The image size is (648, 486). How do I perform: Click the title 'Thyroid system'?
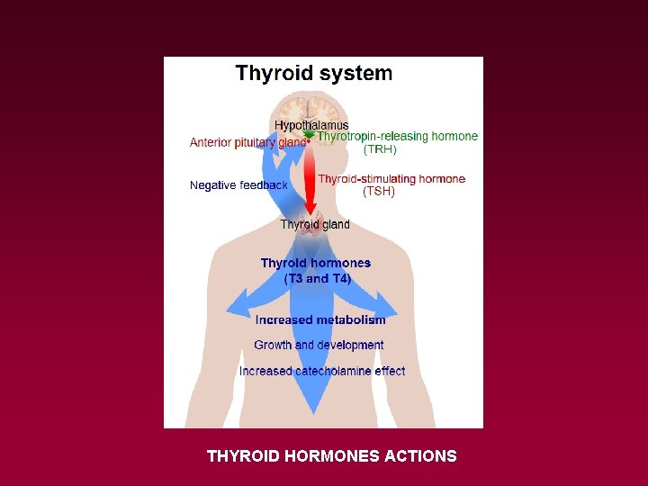(313, 73)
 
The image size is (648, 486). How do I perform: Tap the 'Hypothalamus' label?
(311, 125)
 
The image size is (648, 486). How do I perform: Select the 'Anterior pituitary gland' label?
(247, 142)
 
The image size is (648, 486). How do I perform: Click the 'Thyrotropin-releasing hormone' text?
(397, 137)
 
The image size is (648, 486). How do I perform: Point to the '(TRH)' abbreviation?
(379, 149)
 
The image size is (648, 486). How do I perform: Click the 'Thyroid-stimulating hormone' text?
(391, 179)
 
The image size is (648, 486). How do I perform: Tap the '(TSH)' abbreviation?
(378, 192)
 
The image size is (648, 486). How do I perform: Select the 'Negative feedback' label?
(238, 185)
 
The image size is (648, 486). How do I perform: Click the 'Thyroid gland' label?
(315, 224)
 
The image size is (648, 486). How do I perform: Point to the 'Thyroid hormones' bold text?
(315, 263)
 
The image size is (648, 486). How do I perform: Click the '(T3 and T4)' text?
(317, 279)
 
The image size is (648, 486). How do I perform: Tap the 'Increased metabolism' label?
(320, 319)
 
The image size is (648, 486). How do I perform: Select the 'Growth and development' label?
(319, 345)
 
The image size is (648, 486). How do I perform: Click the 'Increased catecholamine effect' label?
(322, 371)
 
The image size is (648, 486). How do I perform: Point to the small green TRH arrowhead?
(310, 135)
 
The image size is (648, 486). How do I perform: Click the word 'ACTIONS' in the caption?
(420, 456)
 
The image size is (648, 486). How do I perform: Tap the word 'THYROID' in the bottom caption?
(243, 456)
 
